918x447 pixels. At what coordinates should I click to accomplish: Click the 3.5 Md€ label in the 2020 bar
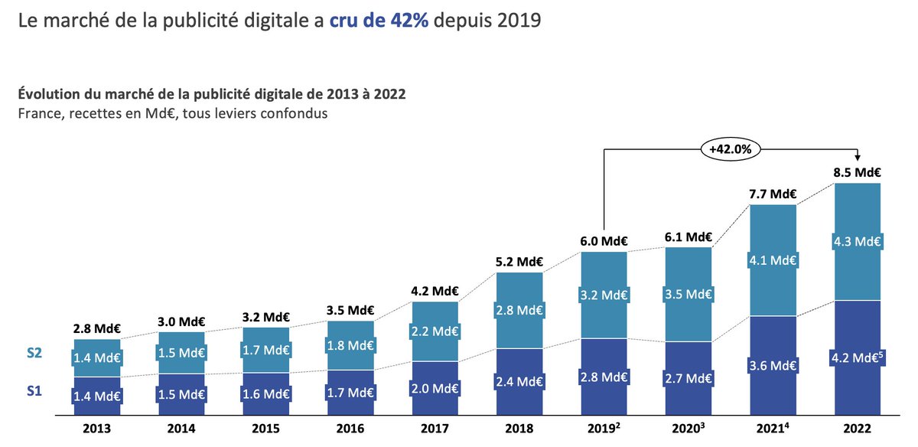click(688, 294)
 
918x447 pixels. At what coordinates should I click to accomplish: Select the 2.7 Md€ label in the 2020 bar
click(688, 377)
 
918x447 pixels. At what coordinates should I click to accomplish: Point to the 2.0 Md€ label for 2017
click(435, 387)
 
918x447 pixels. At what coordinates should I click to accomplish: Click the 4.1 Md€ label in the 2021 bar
click(773, 260)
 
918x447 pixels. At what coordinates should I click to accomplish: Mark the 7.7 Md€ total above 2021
click(773, 194)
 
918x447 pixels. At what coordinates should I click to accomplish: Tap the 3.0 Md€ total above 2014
click(181, 321)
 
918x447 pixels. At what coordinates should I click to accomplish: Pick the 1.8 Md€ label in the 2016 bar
click(350, 345)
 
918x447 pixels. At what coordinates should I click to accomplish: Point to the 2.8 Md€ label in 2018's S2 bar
click(519, 310)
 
